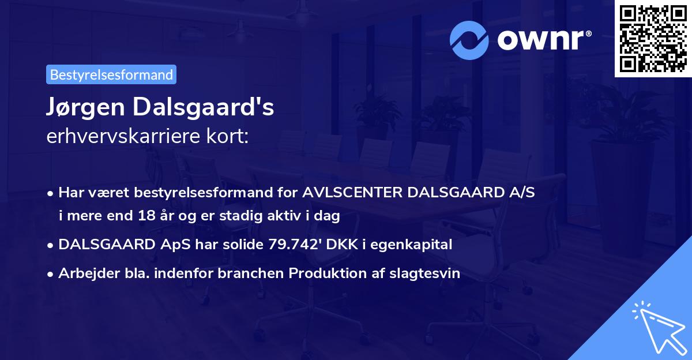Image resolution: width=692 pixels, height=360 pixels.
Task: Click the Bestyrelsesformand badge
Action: coord(111,74)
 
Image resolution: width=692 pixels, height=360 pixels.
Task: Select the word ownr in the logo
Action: coord(544,39)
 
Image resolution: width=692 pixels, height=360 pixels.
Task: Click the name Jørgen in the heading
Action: coord(86,108)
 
